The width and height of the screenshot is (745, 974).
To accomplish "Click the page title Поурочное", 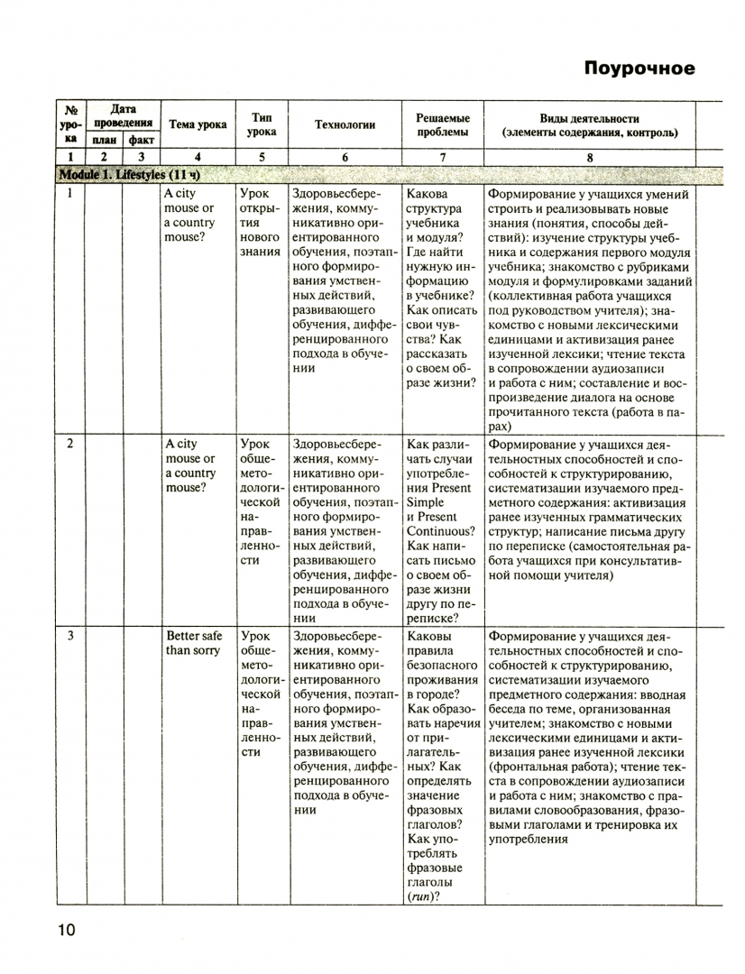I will click(x=639, y=69).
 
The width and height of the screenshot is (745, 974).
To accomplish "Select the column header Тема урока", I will click(x=198, y=125).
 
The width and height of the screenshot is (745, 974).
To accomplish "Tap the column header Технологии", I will click(x=345, y=125).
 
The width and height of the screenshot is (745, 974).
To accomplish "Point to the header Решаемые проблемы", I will click(x=442, y=125).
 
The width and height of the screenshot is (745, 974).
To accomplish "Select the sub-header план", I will click(x=104, y=141).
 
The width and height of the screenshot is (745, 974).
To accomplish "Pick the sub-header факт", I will click(x=141, y=141).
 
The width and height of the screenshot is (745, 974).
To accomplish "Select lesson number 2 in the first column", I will click(x=69, y=445).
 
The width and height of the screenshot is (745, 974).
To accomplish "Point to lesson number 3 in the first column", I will click(x=69, y=636).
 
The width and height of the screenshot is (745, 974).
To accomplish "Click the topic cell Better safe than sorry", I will click(x=192, y=643).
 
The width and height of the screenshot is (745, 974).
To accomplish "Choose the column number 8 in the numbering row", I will click(x=589, y=158).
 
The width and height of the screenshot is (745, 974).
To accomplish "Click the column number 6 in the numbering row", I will click(x=345, y=158).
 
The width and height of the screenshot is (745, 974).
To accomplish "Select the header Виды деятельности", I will click(x=589, y=118).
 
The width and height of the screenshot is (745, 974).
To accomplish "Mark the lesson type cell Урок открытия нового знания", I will click(x=260, y=223).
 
